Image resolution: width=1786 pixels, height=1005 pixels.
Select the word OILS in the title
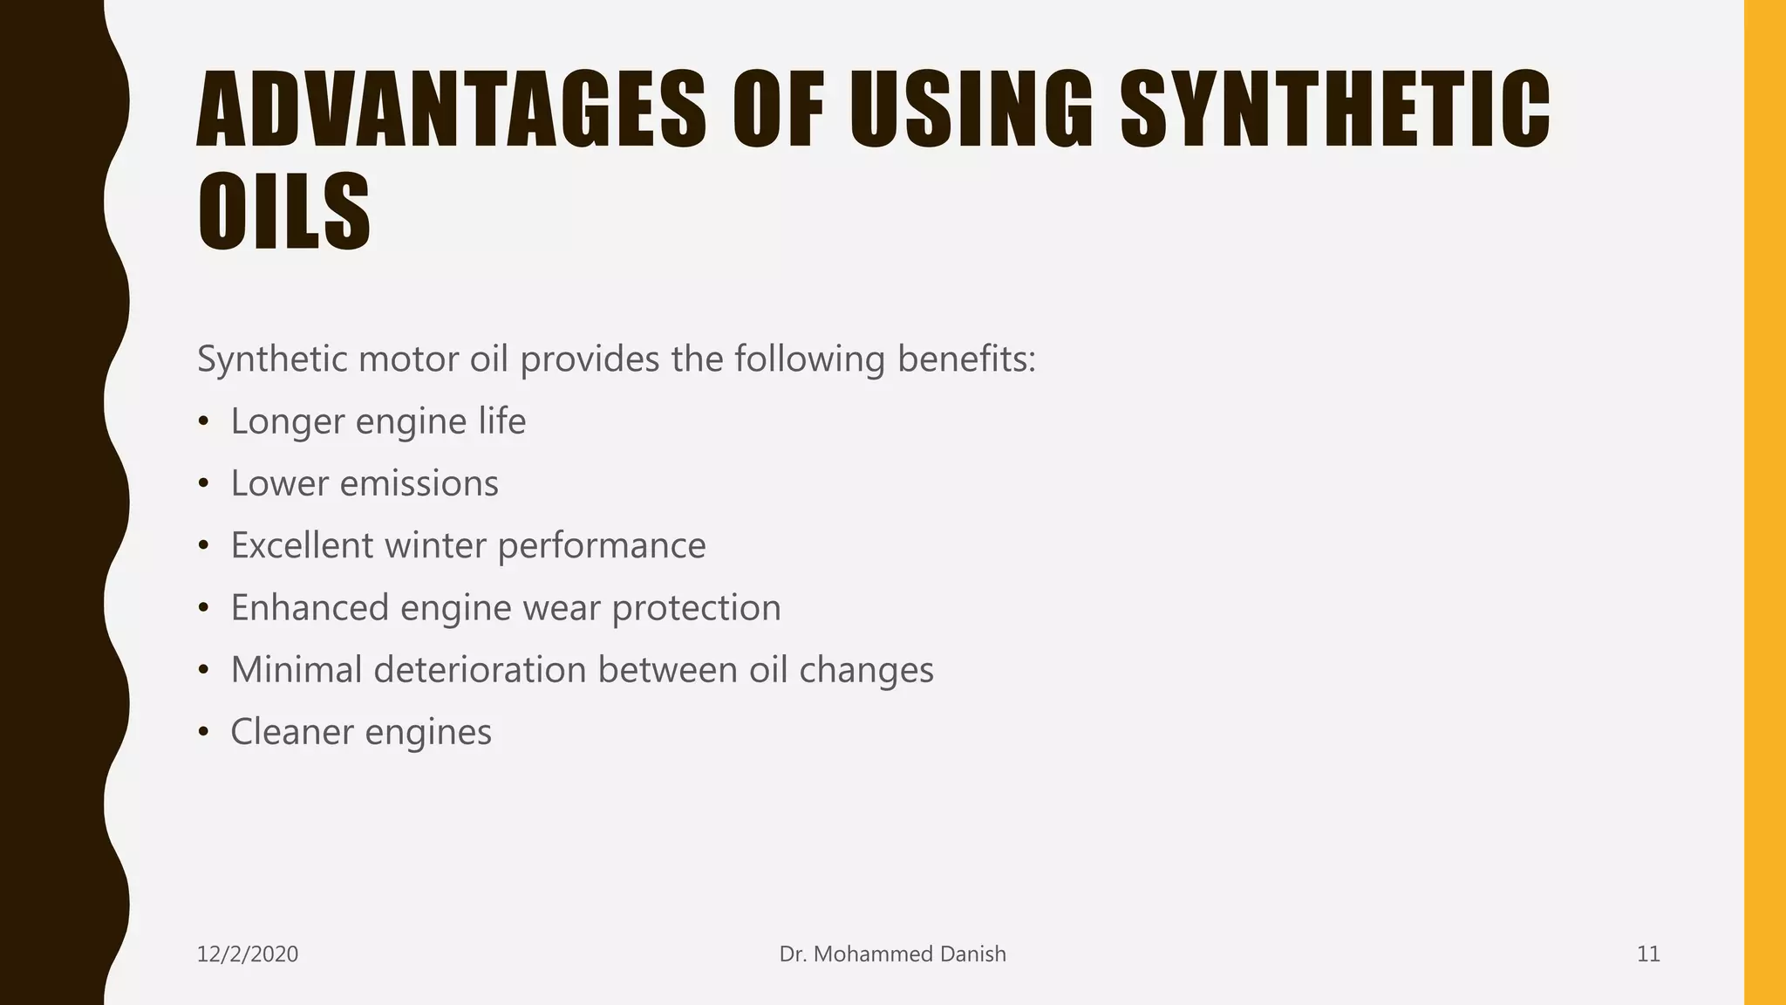click(x=284, y=212)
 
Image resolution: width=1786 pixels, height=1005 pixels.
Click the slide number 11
click(x=1647, y=954)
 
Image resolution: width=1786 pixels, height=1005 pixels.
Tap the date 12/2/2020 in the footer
click(x=248, y=954)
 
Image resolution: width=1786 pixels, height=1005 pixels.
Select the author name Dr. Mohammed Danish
click(x=892, y=954)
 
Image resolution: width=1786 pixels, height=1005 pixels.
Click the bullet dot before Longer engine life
click(x=203, y=422)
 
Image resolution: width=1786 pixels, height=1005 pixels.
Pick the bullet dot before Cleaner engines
click(x=203, y=733)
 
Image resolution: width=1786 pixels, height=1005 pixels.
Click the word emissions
click(x=419, y=483)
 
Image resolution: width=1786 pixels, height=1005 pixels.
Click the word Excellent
click(x=302, y=545)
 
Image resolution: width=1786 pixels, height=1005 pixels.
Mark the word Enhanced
click(x=309, y=607)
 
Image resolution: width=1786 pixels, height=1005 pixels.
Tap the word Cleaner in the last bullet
click(x=291, y=731)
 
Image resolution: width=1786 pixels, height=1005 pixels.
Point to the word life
click(x=501, y=421)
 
